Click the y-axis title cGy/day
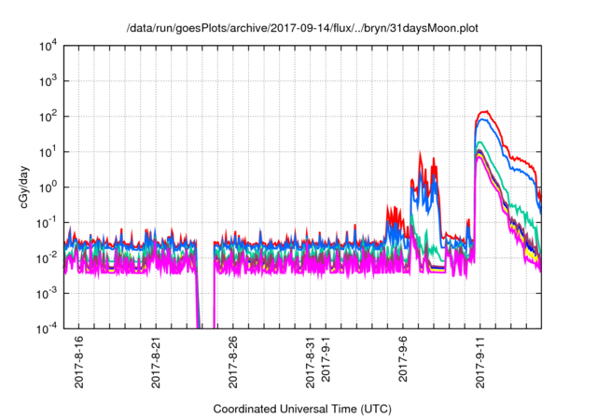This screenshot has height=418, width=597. click(x=26, y=187)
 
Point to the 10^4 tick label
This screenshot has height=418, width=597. click(x=49, y=46)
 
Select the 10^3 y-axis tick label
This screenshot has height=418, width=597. click(x=49, y=81)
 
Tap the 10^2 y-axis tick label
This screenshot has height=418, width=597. click(x=49, y=117)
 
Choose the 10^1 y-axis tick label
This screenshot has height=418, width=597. click(x=49, y=151)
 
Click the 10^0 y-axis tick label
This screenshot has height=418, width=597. click(x=49, y=187)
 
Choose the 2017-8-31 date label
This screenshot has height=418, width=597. click(x=310, y=359)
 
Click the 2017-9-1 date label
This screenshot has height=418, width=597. click(x=326, y=361)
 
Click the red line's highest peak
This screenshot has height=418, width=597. click(x=484, y=112)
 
